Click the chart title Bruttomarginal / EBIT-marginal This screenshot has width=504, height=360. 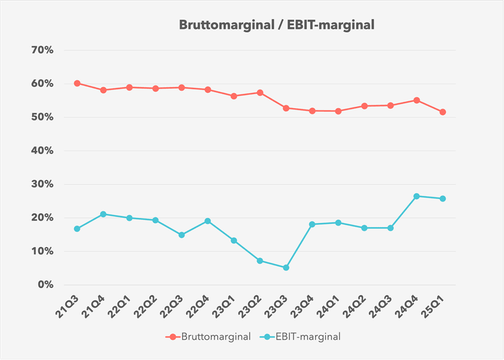click(x=277, y=25)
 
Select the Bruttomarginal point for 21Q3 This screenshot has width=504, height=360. click(x=77, y=83)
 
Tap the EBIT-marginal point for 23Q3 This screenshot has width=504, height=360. click(x=286, y=268)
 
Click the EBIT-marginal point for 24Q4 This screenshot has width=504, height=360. click(x=416, y=196)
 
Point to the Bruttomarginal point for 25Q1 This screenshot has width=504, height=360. click(x=443, y=112)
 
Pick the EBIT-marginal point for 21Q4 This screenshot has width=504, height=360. click(x=103, y=214)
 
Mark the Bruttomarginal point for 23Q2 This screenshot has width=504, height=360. click(x=260, y=93)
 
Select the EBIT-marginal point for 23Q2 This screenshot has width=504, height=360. click(x=260, y=260)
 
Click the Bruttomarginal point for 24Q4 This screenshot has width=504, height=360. click(x=416, y=100)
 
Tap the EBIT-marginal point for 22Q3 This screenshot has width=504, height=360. click(x=181, y=235)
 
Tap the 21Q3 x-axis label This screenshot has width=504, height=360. click(x=69, y=305)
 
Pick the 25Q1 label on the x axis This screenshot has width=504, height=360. click(x=435, y=305)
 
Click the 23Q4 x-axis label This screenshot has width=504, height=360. click(x=304, y=305)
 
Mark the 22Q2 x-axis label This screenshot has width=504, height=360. click(x=148, y=305)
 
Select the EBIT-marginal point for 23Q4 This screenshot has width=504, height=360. click(x=312, y=224)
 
